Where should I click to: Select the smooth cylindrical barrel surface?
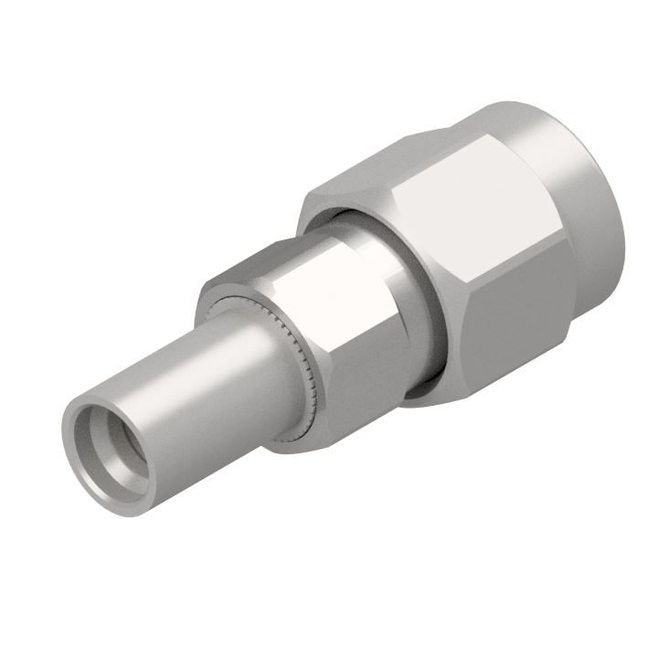(210, 384)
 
